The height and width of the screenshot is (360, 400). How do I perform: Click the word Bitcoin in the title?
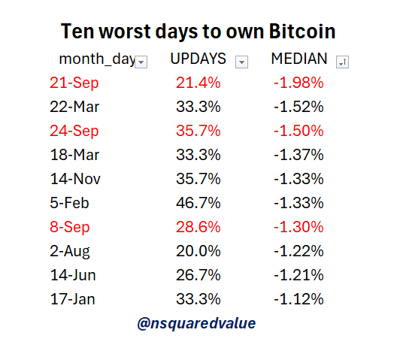click(x=295, y=32)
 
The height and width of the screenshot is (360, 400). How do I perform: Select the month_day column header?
click(x=96, y=59)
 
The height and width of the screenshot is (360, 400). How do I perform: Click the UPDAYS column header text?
click(x=198, y=59)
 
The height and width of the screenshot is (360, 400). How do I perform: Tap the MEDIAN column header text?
click(x=298, y=59)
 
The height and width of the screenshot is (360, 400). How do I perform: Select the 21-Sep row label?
click(x=75, y=83)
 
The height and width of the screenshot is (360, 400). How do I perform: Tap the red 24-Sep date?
click(x=75, y=131)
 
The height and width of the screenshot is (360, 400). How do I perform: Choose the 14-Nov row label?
click(x=75, y=179)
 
